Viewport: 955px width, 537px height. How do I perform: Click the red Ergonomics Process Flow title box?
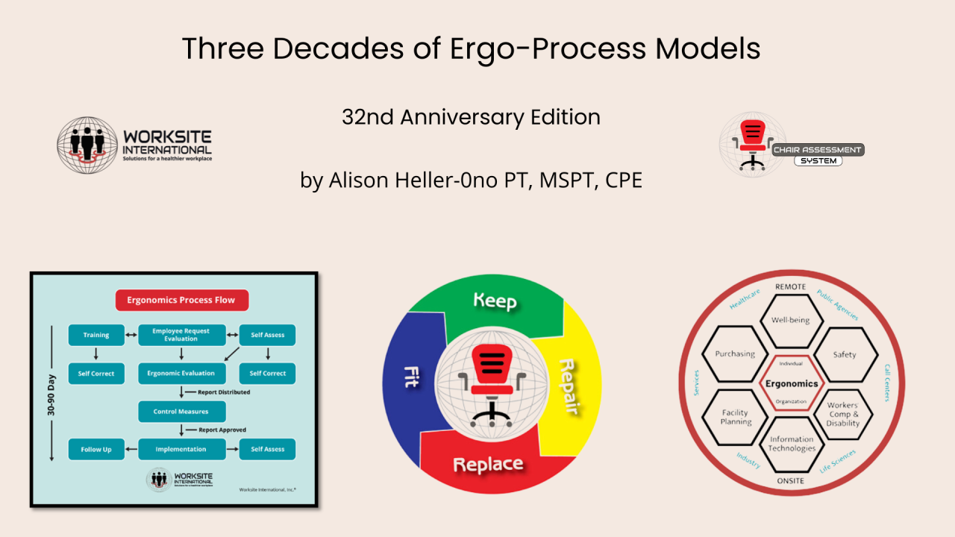pyautogui.click(x=181, y=300)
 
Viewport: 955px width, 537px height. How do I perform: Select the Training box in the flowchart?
pyautogui.click(x=95, y=335)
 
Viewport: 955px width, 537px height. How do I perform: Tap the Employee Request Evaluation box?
pyautogui.click(x=181, y=335)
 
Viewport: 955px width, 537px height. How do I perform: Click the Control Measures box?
pyautogui.click(x=181, y=411)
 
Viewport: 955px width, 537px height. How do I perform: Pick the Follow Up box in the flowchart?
pyautogui.click(x=95, y=449)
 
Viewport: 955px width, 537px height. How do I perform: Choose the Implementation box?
pyautogui.click(x=181, y=449)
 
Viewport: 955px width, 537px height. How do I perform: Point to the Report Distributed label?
pyautogui.click(x=223, y=392)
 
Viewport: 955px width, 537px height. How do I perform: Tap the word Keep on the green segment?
pyautogui.click(x=495, y=301)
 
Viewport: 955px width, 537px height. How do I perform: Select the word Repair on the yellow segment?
pyautogui.click(x=571, y=386)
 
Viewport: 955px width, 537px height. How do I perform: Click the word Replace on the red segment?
pyautogui.click(x=488, y=464)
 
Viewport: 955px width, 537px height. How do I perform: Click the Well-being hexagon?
pyautogui.click(x=790, y=321)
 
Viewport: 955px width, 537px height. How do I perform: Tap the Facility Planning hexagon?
pyautogui.click(x=735, y=417)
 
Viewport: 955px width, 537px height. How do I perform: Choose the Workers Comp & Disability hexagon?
pyautogui.click(x=843, y=414)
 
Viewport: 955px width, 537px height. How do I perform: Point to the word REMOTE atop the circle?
pyautogui.click(x=790, y=286)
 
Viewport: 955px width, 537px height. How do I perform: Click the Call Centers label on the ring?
pyautogui.click(x=887, y=383)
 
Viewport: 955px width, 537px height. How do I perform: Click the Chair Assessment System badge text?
pyautogui.click(x=817, y=154)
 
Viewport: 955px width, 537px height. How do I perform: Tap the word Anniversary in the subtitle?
pyautogui.click(x=470, y=117)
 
